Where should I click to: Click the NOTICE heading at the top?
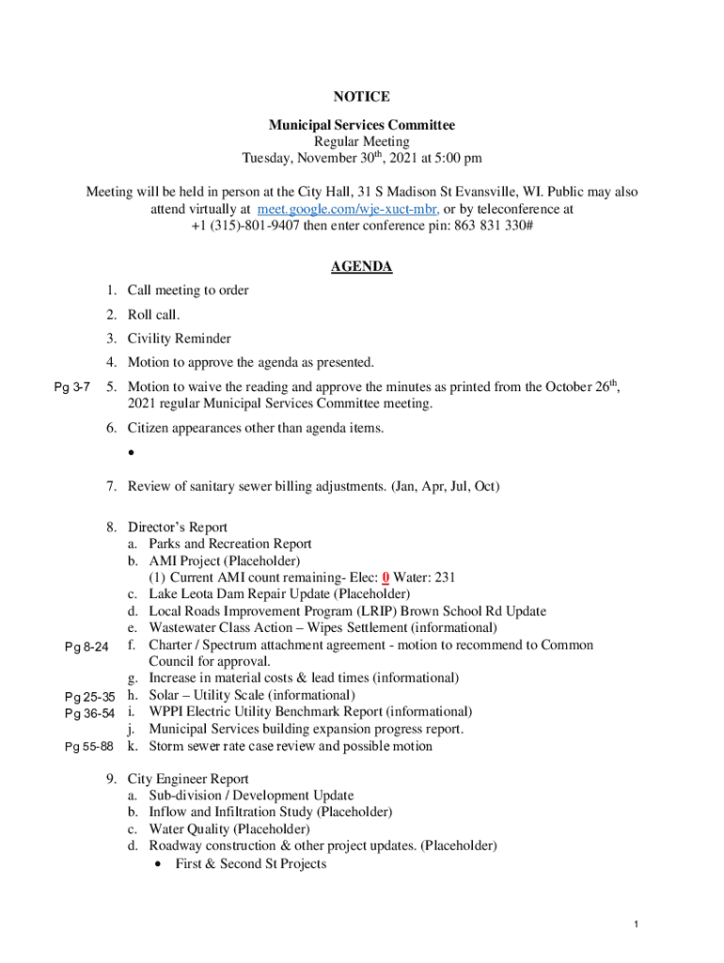click(361, 97)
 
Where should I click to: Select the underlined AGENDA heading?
click(361, 267)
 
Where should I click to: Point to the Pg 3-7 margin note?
click(71, 387)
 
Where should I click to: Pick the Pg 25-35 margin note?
click(89, 697)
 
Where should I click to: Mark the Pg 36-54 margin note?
click(89, 714)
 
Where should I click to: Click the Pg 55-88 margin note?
click(89, 747)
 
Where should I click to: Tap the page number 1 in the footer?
click(637, 925)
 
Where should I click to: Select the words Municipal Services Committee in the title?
click(361, 125)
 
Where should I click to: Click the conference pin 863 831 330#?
click(486, 226)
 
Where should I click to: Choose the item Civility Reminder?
click(179, 339)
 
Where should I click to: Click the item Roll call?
click(153, 314)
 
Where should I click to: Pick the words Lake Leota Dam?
click(193, 594)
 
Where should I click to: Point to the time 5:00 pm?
click(457, 158)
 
